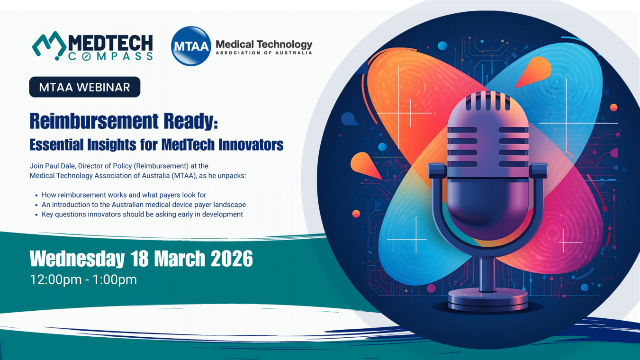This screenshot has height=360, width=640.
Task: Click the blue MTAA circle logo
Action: tap(191, 46)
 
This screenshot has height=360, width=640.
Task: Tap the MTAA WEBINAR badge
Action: tap(85, 87)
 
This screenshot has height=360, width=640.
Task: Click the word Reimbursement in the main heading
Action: tap(94, 121)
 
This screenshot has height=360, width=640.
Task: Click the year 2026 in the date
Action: tap(232, 258)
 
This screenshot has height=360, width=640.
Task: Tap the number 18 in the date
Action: tap(140, 258)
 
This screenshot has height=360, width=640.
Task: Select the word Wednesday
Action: tap(77, 259)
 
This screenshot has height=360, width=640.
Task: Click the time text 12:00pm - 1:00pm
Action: tap(83, 279)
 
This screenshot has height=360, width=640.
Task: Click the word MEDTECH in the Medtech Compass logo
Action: tap(110, 43)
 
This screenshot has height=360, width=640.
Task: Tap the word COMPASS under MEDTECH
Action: tap(110, 56)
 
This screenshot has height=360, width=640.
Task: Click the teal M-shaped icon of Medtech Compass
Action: tap(49, 45)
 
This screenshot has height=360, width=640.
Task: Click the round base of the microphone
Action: tap(488, 300)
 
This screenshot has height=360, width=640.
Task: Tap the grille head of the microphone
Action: tap(488, 134)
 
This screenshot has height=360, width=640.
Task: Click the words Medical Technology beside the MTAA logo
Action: tap(264, 44)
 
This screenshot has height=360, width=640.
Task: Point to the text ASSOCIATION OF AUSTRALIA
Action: tap(264, 53)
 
